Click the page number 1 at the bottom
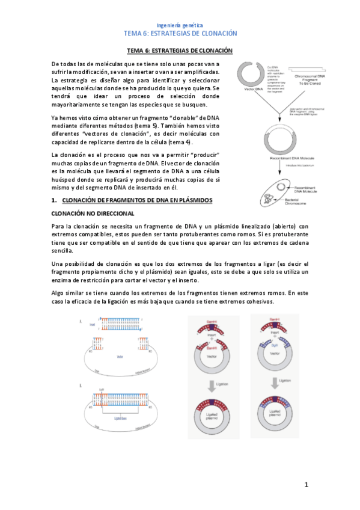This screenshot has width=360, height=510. pos(306,484)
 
